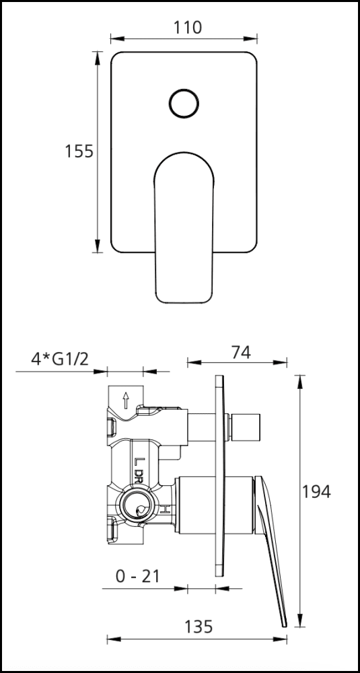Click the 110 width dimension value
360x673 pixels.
tap(187, 28)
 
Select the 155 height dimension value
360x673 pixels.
tap(79, 151)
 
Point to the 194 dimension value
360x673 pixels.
tap(316, 491)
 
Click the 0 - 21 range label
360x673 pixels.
tap(139, 576)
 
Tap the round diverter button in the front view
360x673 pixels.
tap(183, 104)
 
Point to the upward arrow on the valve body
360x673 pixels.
tap(125, 402)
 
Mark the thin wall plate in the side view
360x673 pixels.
tap(219, 475)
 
